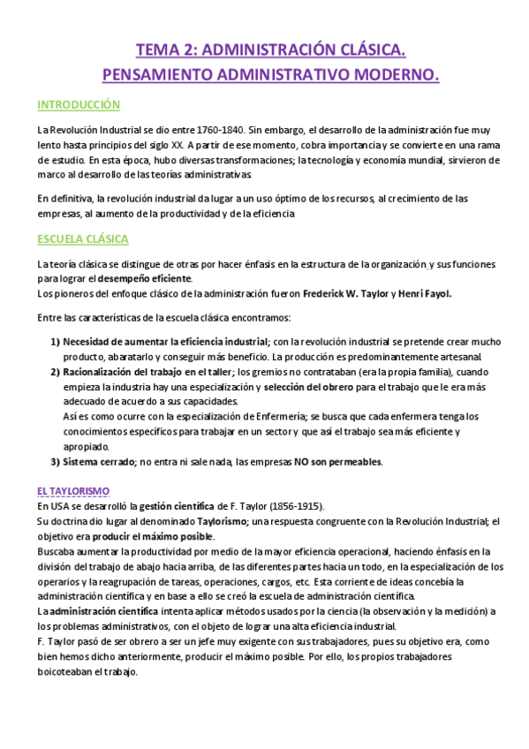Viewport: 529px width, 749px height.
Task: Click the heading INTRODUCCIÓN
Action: click(x=79, y=105)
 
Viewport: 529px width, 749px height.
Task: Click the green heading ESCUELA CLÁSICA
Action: click(x=83, y=238)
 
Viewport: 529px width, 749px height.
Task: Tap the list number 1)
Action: click(x=55, y=342)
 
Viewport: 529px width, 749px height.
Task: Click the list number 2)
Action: click(x=55, y=372)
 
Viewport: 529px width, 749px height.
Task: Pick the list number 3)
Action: click(x=55, y=461)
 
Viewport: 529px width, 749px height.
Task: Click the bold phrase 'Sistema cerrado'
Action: click(x=98, y=461)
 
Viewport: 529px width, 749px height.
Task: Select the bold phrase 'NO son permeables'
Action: click(x=338, y=461)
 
